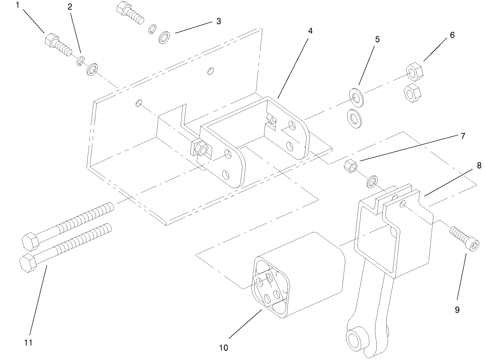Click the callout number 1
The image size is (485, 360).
coord(18,6)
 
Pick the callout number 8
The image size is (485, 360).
coord(479,165)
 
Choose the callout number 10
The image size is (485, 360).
coord(223,347)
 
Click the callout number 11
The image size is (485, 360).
coord(28,343)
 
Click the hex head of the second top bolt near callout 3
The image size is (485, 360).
coord(124,8)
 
